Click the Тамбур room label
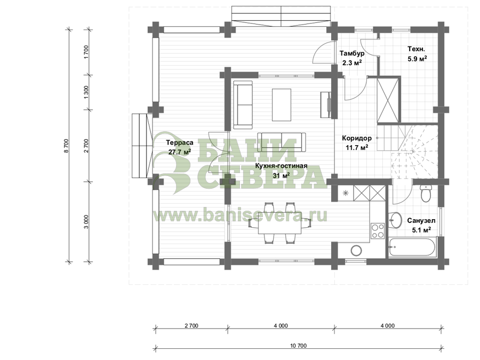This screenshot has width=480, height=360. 352,53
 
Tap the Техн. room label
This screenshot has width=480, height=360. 417,49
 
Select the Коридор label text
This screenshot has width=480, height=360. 357,138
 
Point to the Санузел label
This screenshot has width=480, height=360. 421,221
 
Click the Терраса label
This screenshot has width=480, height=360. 180,142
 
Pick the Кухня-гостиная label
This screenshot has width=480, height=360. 281,166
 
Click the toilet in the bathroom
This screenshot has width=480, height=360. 426,193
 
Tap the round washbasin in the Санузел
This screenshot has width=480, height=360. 396,220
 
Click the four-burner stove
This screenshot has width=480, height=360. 378,231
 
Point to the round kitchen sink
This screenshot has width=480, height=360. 356,251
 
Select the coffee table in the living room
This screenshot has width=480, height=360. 281,105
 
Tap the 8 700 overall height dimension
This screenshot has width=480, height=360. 67,146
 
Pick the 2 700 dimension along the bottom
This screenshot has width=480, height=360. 191,326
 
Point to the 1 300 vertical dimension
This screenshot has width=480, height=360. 86,92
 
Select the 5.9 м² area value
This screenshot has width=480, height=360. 417,59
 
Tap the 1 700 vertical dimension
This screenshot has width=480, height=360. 86,52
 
